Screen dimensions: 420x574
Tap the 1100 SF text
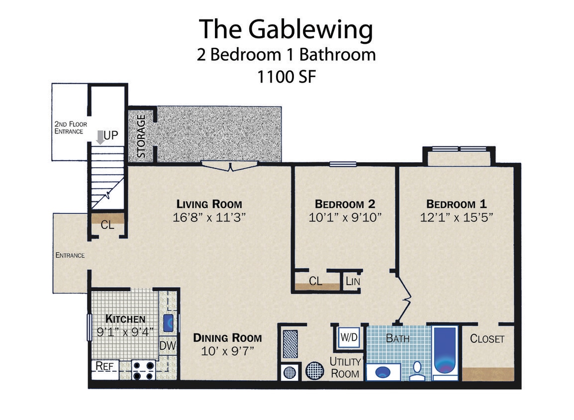(x=286, y=77)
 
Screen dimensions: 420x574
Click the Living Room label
(x=209, y=204)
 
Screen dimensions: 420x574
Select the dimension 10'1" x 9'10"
(x=345, y=217)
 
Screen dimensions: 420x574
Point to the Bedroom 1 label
(x=456, y=204)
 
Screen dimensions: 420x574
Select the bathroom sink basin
(x=383, y=372)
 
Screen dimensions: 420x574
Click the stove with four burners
(x=143, y=371)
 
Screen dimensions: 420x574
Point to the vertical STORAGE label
(x=141, y=136)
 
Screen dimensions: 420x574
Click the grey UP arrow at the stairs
(x=100, y=137)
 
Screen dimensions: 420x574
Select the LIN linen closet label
(x=353, y=282)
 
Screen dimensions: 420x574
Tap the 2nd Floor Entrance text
(x=69, y=128)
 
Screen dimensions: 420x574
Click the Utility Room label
(x=345, y=367)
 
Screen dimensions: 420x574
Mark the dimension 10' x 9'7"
(x=227, y=351)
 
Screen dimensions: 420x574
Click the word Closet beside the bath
(x=487, y=339)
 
